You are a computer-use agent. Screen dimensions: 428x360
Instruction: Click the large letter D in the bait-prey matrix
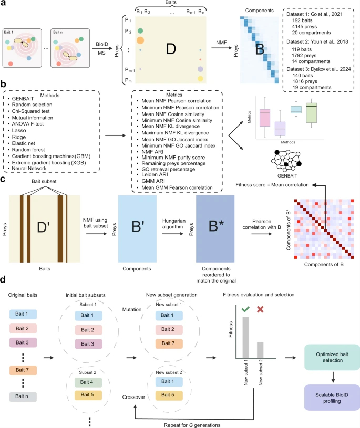169,50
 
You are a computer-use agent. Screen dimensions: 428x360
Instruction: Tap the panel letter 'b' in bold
4,83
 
